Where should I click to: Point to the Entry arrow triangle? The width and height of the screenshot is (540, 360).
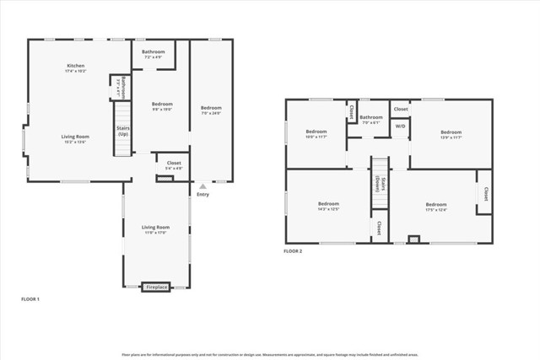(202, 185)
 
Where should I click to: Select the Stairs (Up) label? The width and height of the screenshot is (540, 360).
(123, 131)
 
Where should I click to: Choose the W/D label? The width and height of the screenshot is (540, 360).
(400, 126)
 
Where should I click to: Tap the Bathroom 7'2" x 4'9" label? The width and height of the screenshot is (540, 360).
(154, 52)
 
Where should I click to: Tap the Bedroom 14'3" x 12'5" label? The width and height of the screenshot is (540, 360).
(328, 205)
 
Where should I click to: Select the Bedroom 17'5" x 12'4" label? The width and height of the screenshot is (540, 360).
(436, 206)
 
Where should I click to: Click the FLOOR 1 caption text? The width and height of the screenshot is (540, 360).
(30, 299)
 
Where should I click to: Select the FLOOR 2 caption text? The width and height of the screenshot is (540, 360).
(293, 251)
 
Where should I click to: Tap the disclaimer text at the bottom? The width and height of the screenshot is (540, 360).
(270, 354)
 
